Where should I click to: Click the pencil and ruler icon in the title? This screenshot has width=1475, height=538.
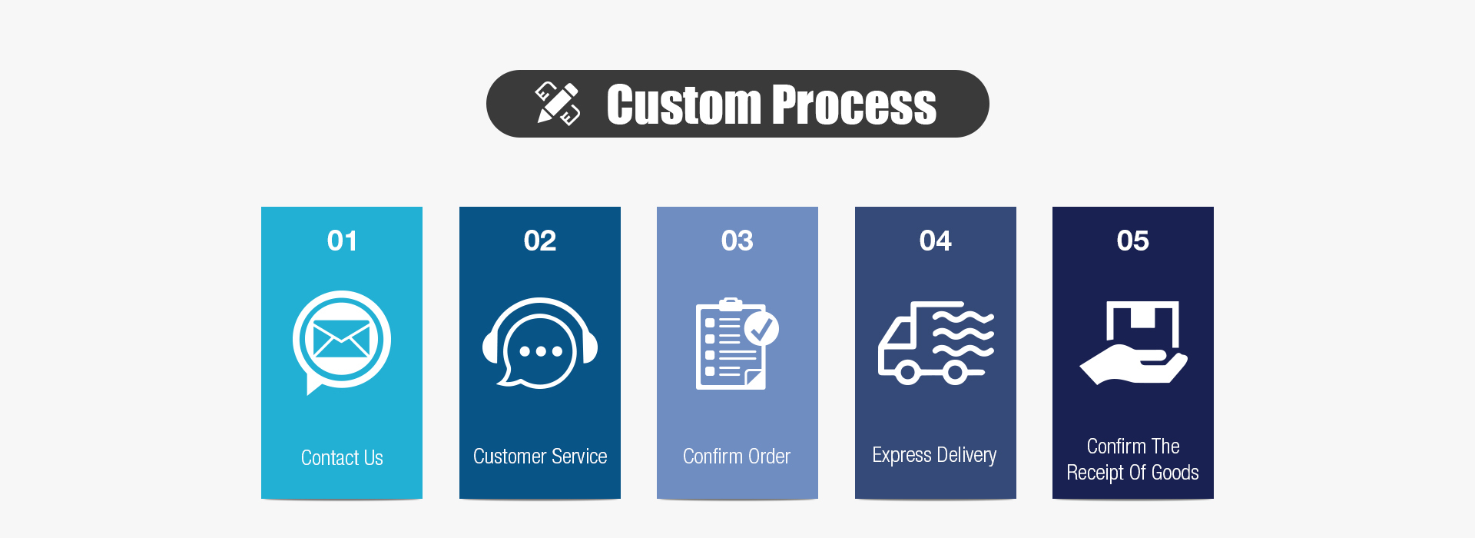(558, 103)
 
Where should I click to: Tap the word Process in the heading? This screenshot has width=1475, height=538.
(854, 105)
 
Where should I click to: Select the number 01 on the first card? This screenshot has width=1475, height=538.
(342, 241)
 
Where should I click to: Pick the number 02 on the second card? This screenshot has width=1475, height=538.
(540, 241)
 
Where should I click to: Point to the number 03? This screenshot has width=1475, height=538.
(737, 241)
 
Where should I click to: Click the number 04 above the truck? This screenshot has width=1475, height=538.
(936, 241)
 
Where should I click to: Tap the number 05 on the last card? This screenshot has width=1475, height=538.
(1133, 241)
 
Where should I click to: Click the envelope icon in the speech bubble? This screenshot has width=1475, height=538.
(342, 339)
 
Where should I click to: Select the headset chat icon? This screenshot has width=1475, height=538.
(540, 343)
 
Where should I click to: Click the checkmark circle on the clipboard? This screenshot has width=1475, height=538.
(761, 328)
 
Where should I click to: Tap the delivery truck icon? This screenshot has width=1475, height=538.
(936, 343)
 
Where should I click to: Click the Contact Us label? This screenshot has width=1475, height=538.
(342, 458)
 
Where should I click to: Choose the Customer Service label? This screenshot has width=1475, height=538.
(540, 457)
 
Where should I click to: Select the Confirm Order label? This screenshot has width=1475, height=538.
(737, 457)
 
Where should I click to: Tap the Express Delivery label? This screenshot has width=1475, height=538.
(934, 456)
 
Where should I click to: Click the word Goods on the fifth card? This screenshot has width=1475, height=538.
(1175, 473)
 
